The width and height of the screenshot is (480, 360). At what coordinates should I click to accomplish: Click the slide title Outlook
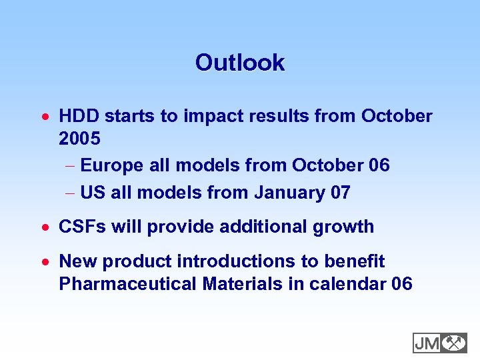(x=239, y=63)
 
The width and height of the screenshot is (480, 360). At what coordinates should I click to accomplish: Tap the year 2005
(x=79, y=139)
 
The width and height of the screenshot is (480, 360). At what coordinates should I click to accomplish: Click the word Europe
(x=111, y=165)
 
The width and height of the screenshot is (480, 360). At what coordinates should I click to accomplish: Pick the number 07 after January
(x=340, y=193)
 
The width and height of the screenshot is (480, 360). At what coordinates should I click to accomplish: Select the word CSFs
(x=83, y=227)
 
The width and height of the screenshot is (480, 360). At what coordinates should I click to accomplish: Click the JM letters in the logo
(x=427, y=343)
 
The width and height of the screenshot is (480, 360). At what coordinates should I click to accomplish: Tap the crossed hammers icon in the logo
(x=454, y=343)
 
